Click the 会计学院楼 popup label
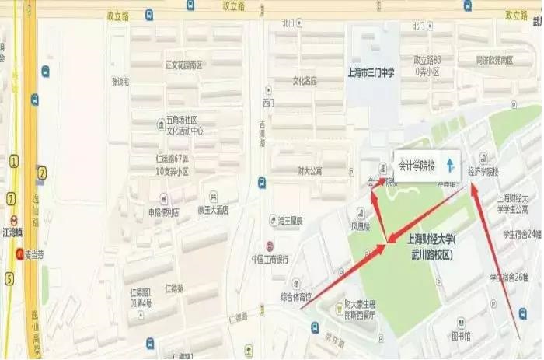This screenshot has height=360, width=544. click(417, 165)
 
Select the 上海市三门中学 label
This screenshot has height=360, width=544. click(369, 72)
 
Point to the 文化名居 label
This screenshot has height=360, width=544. click(305, 80)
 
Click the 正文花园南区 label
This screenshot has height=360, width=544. click(183, 65)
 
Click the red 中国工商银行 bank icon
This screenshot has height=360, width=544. click(269, 246)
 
